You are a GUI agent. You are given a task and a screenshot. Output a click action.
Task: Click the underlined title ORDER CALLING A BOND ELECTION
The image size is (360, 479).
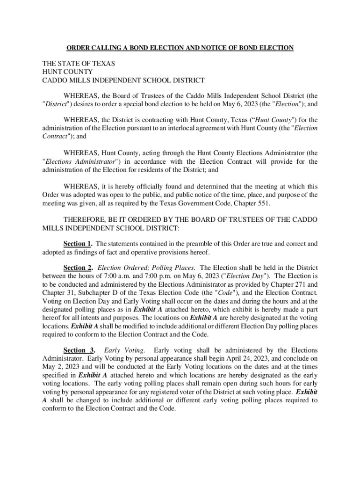pos(180,48)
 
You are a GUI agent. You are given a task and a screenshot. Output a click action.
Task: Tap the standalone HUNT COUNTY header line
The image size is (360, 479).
pos(67,72)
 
